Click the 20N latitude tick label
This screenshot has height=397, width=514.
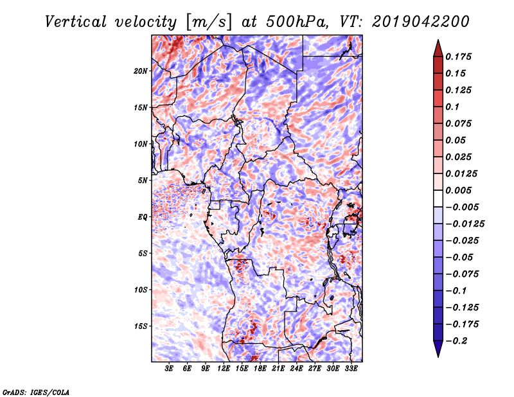tap(141, 71)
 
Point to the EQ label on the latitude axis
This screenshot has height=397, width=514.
tap(143, 217)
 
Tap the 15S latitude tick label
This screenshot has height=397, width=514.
tap(141, 326)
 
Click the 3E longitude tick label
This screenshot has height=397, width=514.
tap(170, 369)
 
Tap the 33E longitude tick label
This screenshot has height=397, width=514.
tap(351, 369)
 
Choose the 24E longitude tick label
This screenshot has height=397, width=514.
tap(296, 369)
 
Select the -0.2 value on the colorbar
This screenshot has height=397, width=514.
tap(457, 340)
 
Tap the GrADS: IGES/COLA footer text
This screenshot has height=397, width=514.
tap(35, 391)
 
